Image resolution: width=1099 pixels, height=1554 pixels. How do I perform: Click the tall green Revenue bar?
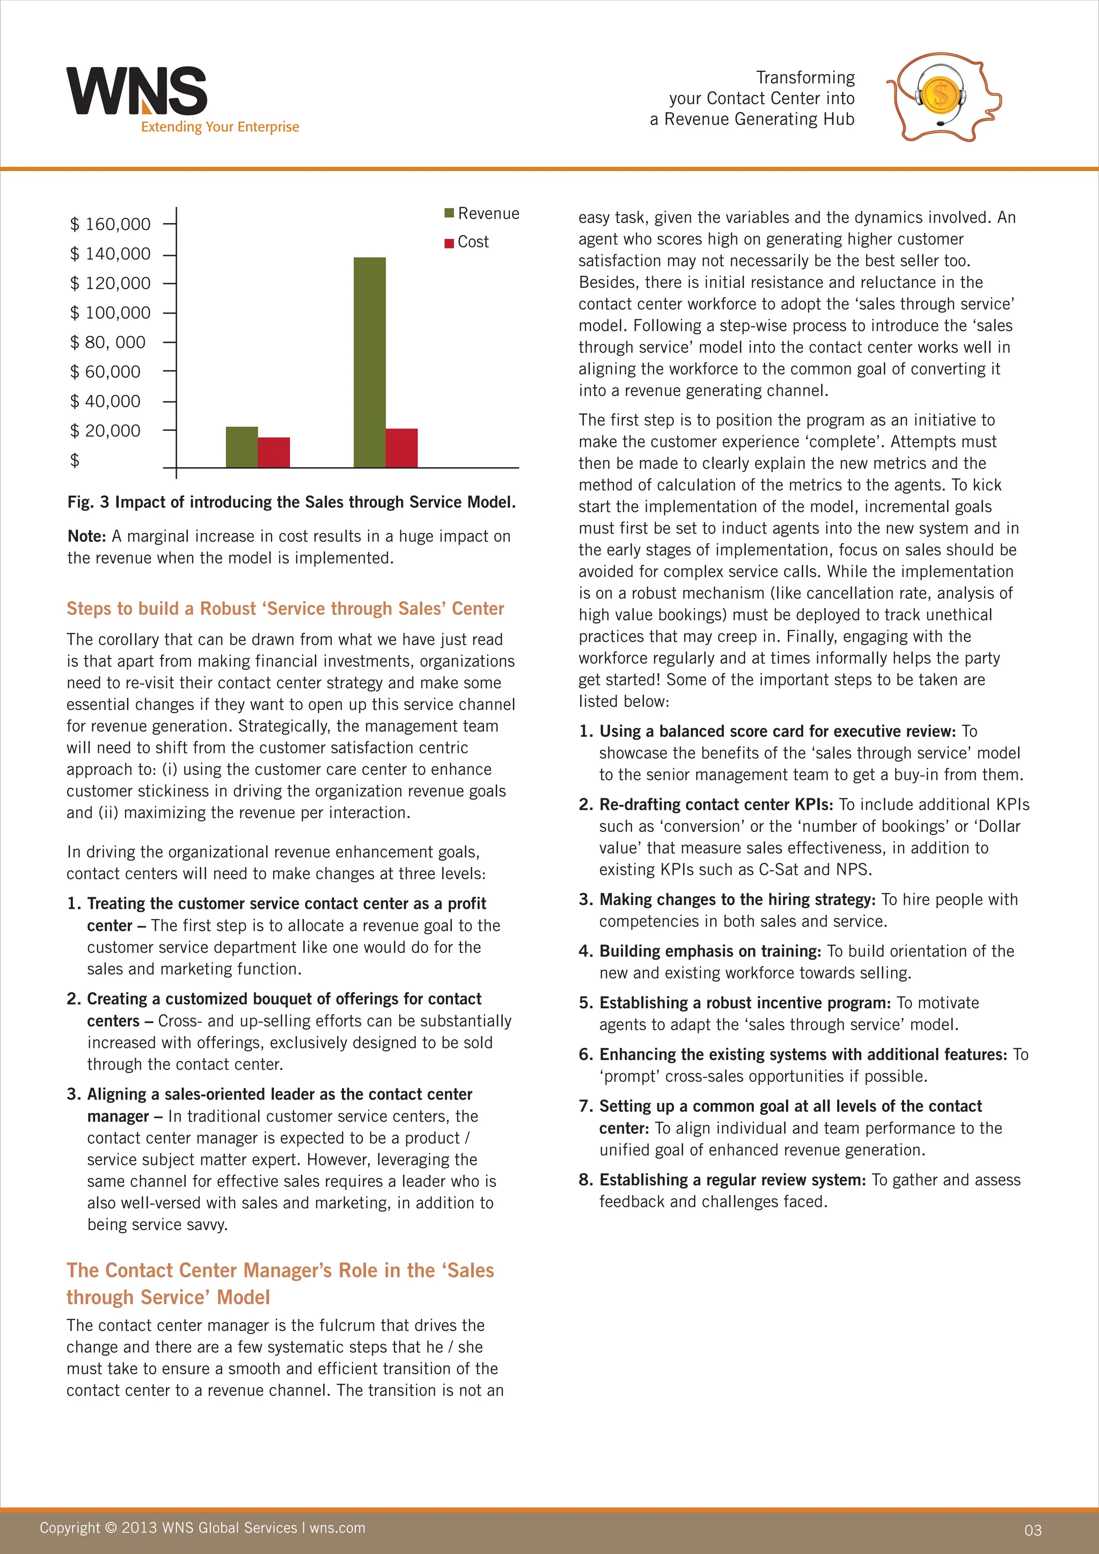click(x=370, y=362)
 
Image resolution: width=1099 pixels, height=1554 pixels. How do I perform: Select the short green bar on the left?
click(x=241, y=446)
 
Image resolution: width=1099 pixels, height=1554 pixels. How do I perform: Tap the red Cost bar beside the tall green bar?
click(x=401, y=448)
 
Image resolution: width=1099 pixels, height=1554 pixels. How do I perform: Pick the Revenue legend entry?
click(x=482, y=214)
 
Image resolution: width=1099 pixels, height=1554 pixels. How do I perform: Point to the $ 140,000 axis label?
click(x=111, y=254)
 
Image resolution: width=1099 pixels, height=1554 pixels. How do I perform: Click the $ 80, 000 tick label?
click(x=108, y=342)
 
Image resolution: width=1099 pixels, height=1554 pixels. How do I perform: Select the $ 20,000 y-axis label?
click(x=106, y=431)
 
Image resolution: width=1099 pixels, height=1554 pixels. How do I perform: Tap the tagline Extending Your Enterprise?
click(x=220, y=127)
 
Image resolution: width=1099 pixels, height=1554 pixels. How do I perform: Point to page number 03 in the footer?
click(x=1032, y=1530)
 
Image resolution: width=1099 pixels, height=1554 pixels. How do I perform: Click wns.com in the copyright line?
click(x=337, y=1528)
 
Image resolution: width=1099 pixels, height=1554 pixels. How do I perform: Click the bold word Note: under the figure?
click(x=86, y=537)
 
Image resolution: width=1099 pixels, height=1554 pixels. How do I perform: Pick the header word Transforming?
click(x=805, y=78)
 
